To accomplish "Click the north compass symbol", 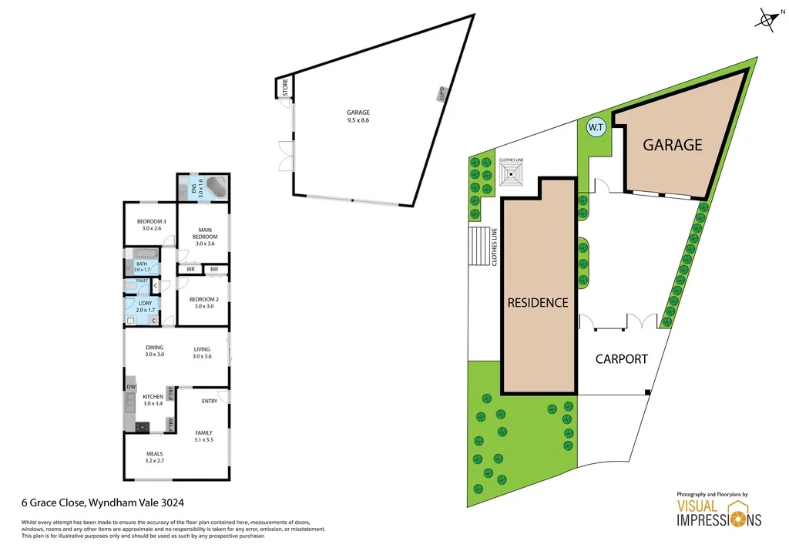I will coord(767,21).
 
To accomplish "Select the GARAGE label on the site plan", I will coord(673,144).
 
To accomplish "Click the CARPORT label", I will coord(621,358).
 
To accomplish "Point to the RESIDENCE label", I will coord(538,303).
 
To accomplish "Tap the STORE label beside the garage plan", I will coord(284,88).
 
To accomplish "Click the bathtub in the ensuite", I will coord(216,187).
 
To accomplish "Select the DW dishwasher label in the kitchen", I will coord(131,386).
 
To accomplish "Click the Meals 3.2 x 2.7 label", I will coord(155,456).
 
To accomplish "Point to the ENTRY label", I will coord(209,401).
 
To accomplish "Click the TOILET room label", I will coord(142,281).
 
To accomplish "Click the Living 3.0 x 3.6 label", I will coord(202,352).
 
